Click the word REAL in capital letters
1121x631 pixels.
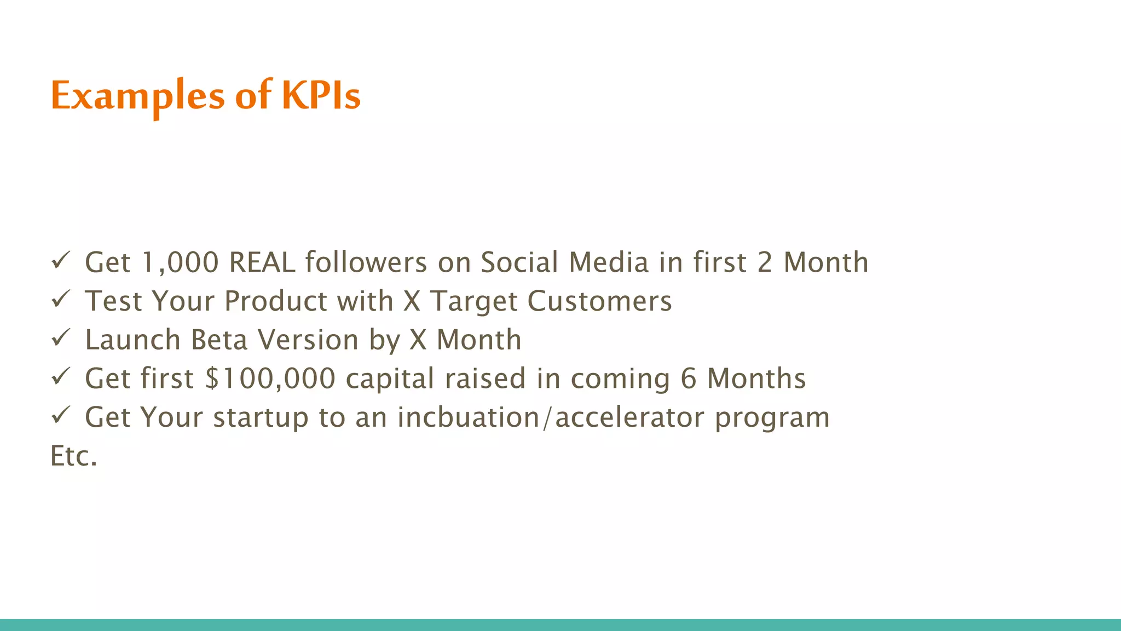262,262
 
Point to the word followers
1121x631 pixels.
366,262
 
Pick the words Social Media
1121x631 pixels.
564,262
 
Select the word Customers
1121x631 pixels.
599,301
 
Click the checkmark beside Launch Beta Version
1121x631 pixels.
60,338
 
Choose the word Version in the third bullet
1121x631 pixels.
308,340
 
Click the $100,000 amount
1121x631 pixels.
270,379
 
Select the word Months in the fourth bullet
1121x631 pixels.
756,379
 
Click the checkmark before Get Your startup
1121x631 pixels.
60,415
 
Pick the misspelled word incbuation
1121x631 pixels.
469,417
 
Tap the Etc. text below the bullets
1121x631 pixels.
74,456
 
